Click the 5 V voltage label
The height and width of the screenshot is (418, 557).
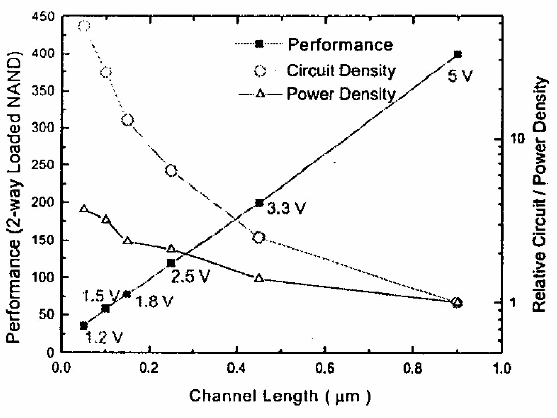459,76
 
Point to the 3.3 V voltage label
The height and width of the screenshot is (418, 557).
286,209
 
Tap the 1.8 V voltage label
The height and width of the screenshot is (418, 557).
154,301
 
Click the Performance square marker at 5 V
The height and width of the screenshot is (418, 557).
457,54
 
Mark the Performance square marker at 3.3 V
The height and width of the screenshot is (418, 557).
259,203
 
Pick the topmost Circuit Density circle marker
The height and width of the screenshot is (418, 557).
84,25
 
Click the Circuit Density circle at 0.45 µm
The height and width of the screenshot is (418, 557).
259,237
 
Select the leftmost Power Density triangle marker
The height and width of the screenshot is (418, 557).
84,209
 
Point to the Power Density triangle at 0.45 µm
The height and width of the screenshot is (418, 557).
259,278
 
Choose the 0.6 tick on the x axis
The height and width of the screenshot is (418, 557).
324,368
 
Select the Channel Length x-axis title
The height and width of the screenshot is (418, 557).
280,396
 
